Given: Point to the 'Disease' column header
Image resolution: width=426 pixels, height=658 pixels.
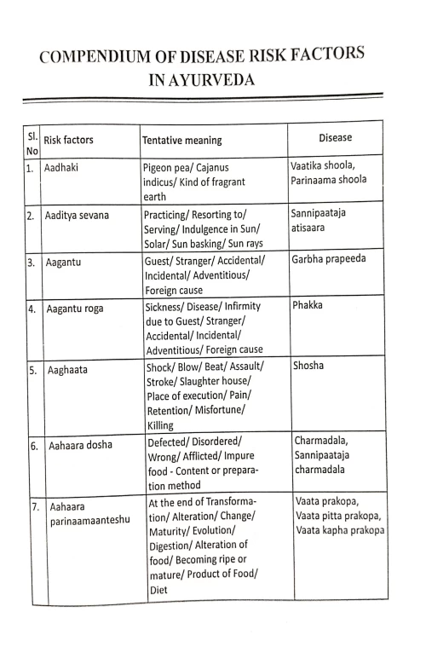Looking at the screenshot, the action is (335, 137).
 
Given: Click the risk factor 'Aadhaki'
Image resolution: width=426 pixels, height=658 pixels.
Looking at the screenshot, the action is (62, 168).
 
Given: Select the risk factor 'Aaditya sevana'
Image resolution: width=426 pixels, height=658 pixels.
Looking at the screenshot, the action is (78, 216).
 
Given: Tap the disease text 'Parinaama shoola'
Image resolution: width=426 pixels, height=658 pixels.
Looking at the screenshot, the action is (329, 180).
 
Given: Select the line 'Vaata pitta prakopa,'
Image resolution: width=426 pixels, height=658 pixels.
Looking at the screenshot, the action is (338, 517).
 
